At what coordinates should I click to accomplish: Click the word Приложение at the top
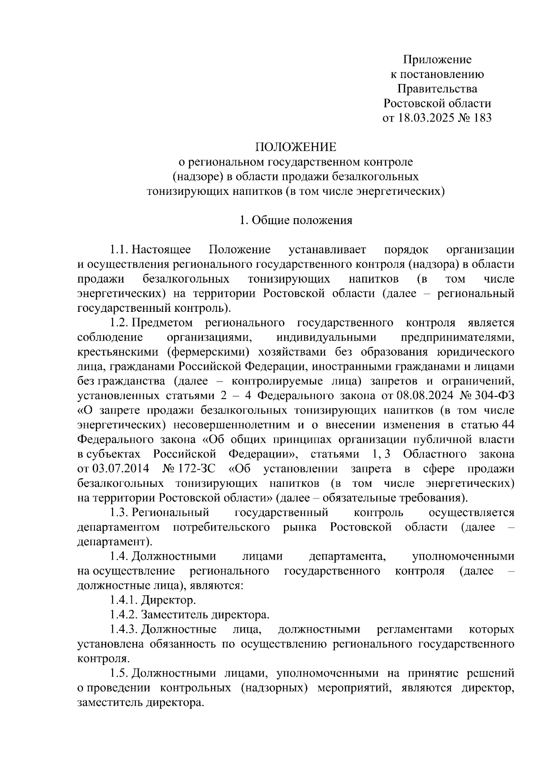pyautogui.click(x=437, y=60)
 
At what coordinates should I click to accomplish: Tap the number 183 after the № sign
pyautogui.click(x=482, y=118)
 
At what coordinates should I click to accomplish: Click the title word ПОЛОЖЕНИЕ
pyautogui.click(x=296, y=147)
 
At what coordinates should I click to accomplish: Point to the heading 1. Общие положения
pyautogui.click(x=296, y=220)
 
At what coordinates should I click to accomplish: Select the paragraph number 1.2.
pyautogui.click(x=120, y=323)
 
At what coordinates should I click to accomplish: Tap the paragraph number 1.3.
pyautogui.click(x=120, y=512)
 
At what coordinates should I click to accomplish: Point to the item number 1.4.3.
pyautogui.click(x=124, y=629)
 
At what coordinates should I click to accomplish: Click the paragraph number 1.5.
pyautogui.click(x=120, y=673)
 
